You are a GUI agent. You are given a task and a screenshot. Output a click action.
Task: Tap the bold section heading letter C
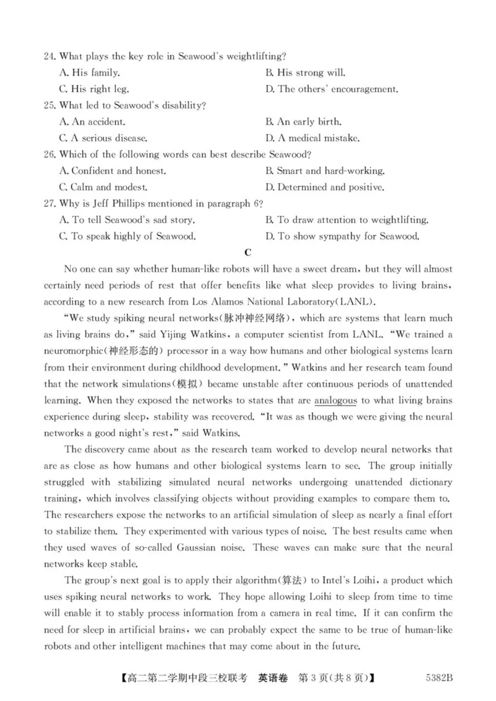[x=248, y=252]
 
